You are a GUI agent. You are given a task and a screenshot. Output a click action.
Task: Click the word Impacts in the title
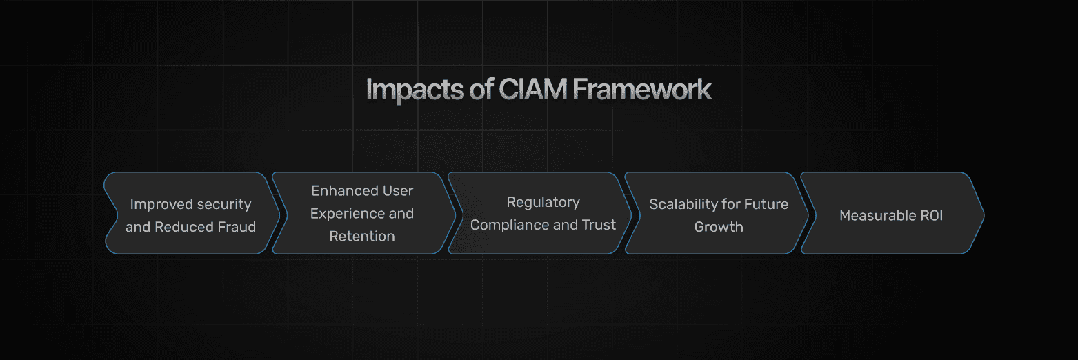click(x=415, y=90)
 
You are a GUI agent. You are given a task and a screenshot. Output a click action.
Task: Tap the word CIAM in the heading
click(x=532, y=89)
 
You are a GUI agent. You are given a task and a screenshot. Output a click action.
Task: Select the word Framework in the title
click(x=642, y=89)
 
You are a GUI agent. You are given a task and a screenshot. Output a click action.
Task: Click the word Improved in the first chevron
click(x=160, y=205)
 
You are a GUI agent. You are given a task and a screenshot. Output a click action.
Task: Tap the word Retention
click(x=362, y=237)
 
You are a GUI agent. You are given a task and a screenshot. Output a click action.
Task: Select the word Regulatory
click(x=543, y=203)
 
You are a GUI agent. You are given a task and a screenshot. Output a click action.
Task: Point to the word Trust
click(x=599, y=225)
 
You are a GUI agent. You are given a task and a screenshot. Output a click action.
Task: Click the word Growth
click(x=719, y=227)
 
